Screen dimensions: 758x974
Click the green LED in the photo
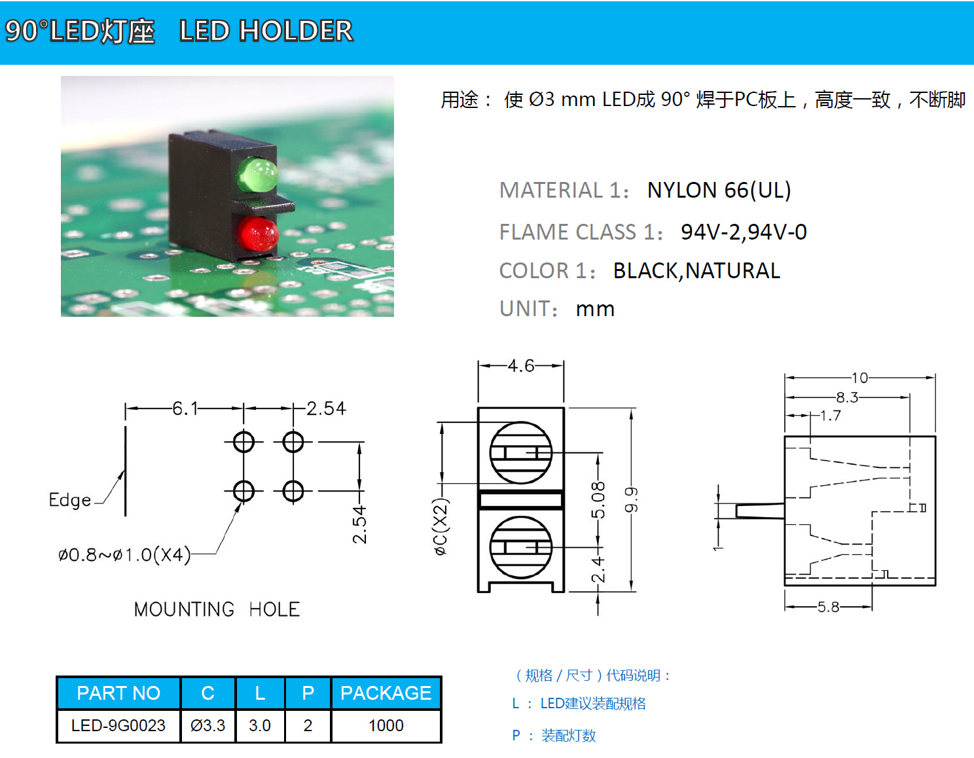click(257, 174)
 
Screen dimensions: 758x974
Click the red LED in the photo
click(257, 234)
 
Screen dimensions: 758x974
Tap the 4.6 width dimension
click(521, 365)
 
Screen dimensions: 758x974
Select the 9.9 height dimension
click(631, 500)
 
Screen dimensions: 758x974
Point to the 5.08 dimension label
click(598, 500)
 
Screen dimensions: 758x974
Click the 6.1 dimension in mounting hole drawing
click(185, 408)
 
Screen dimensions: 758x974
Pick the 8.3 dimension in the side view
click(846, 397)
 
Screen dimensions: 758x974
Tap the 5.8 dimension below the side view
click(828, 607)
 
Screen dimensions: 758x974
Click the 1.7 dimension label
click(830, 416)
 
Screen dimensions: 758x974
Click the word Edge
click(70, 500)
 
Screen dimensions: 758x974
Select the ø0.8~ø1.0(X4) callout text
click(124, 555)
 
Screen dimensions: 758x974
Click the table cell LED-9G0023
click(118, 725)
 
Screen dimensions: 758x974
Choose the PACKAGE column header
click(386, 693)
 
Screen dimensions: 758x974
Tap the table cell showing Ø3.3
click(207, 725)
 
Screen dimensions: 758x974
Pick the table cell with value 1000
click(386, 725)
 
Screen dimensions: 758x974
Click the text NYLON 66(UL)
click(719, 190)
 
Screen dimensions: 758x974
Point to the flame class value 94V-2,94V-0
click(744, 232)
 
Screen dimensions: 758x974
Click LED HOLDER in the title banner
click(266, 31)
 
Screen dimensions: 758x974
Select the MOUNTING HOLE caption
click(217, 609)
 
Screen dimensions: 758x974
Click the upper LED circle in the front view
click(521, 452)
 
